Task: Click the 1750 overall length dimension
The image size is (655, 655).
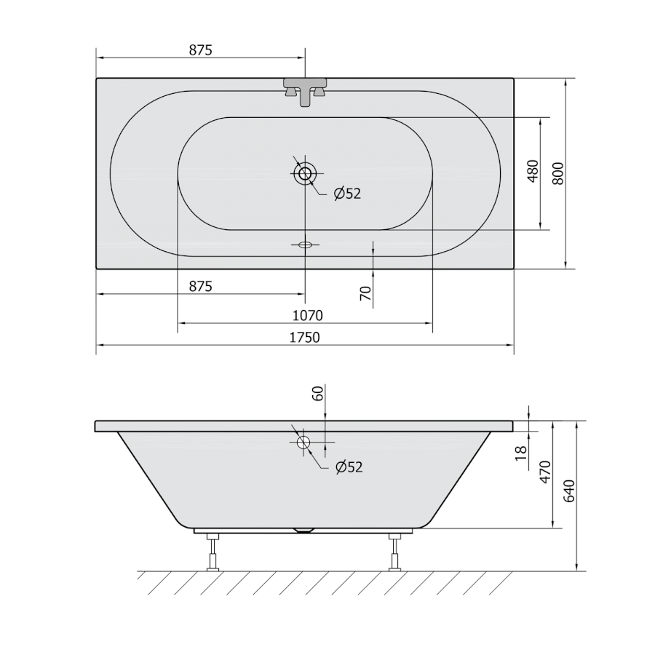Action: click(x=304, y=337)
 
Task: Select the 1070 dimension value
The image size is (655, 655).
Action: click(x=307, y=315)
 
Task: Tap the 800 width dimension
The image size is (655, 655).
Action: click(x=557, y=173)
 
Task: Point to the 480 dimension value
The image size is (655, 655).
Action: click(x=533, y=171)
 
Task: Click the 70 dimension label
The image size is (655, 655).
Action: click(x=365, y=293)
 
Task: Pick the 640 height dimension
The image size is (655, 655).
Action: click(x=569, y=491)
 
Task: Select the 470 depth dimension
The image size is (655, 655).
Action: click(x=546, y=472)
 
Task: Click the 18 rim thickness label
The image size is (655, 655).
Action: click(x=521, y=453)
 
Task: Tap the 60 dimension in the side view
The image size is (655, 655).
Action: click(x=318, y=394)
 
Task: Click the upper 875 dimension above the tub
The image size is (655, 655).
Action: click(x=201, y=50)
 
